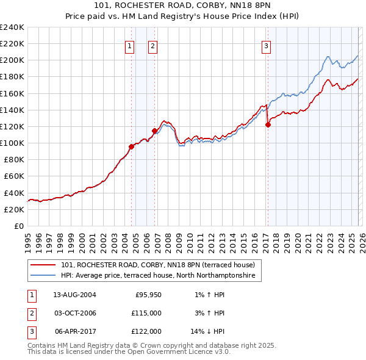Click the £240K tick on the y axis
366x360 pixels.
point(12,27)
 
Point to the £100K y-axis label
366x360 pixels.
point(12,143)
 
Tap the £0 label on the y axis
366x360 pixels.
point(19,226)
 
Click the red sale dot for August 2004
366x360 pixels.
point(131,146)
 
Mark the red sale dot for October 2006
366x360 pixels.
point(154,131)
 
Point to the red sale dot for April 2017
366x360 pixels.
point(268,124)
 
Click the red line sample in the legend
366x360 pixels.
point(43,265)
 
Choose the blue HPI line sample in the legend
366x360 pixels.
point(43,276)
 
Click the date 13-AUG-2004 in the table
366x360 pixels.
point(74,295)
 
